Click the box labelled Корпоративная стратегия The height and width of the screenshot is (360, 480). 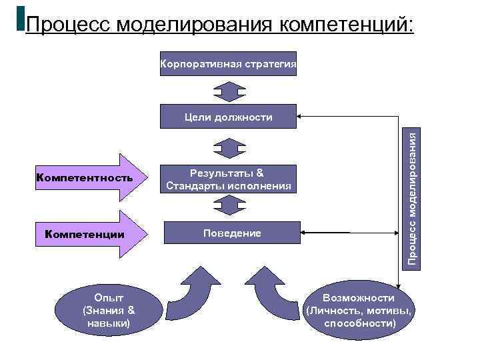click(x=229, y=64)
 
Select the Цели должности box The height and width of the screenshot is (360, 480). click(x=229, y=117)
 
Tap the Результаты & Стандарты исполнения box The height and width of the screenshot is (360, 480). click(x=229, y=179)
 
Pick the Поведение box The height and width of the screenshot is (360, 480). click(x=229, y=233)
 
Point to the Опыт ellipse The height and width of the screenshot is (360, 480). click(x=107, y=310)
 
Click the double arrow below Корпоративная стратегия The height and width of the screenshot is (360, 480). click(x=229, y=91)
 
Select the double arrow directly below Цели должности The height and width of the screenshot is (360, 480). click(x=229, y=147)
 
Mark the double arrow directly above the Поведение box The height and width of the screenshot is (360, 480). click(x=229, y=205)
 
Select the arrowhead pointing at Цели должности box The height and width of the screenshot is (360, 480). click(x=301, y=117)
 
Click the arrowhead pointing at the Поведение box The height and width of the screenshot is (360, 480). click(x=304, y=233)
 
